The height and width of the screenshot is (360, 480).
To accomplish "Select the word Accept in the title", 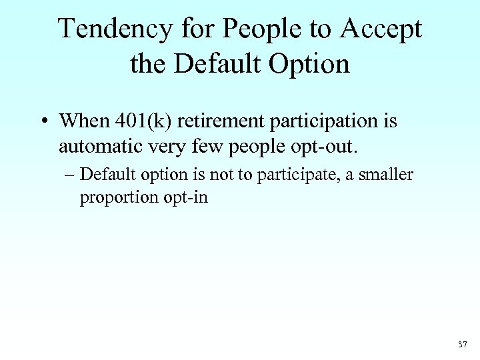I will (383, 29).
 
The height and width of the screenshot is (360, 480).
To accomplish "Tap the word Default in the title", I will (217, 64).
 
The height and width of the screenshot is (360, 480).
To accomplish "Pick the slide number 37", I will (463, 345).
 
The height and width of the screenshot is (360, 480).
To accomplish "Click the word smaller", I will (389, 175).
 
